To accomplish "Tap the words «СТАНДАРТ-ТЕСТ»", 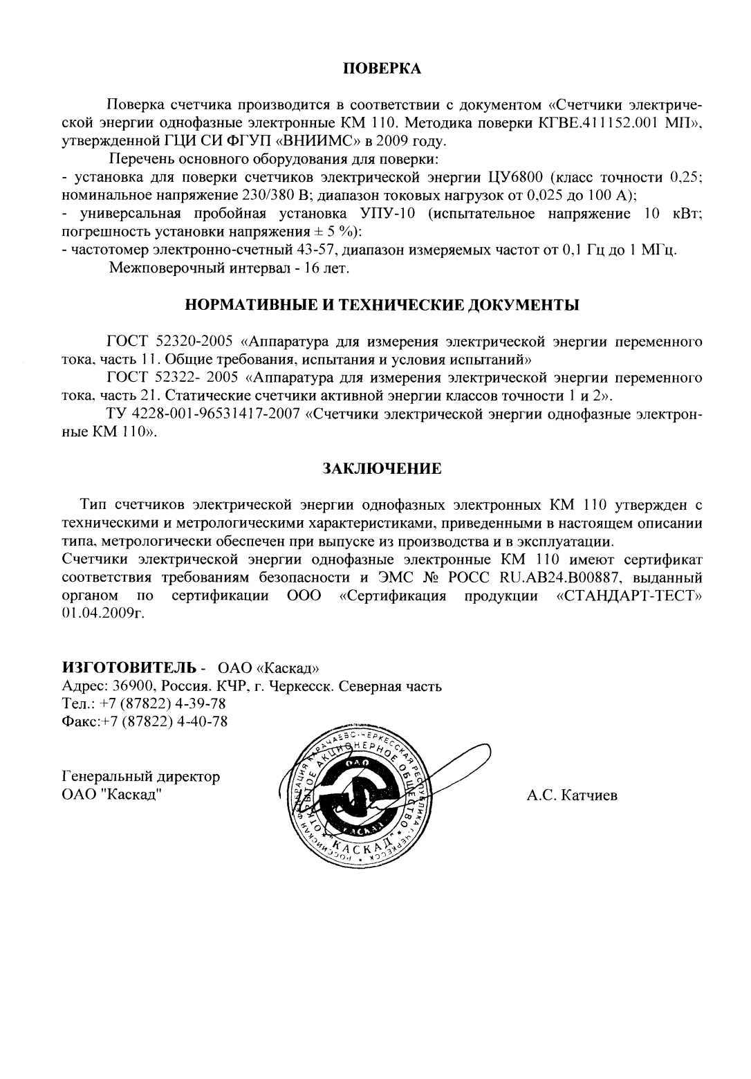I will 629,596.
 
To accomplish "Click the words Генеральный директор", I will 141,776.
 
